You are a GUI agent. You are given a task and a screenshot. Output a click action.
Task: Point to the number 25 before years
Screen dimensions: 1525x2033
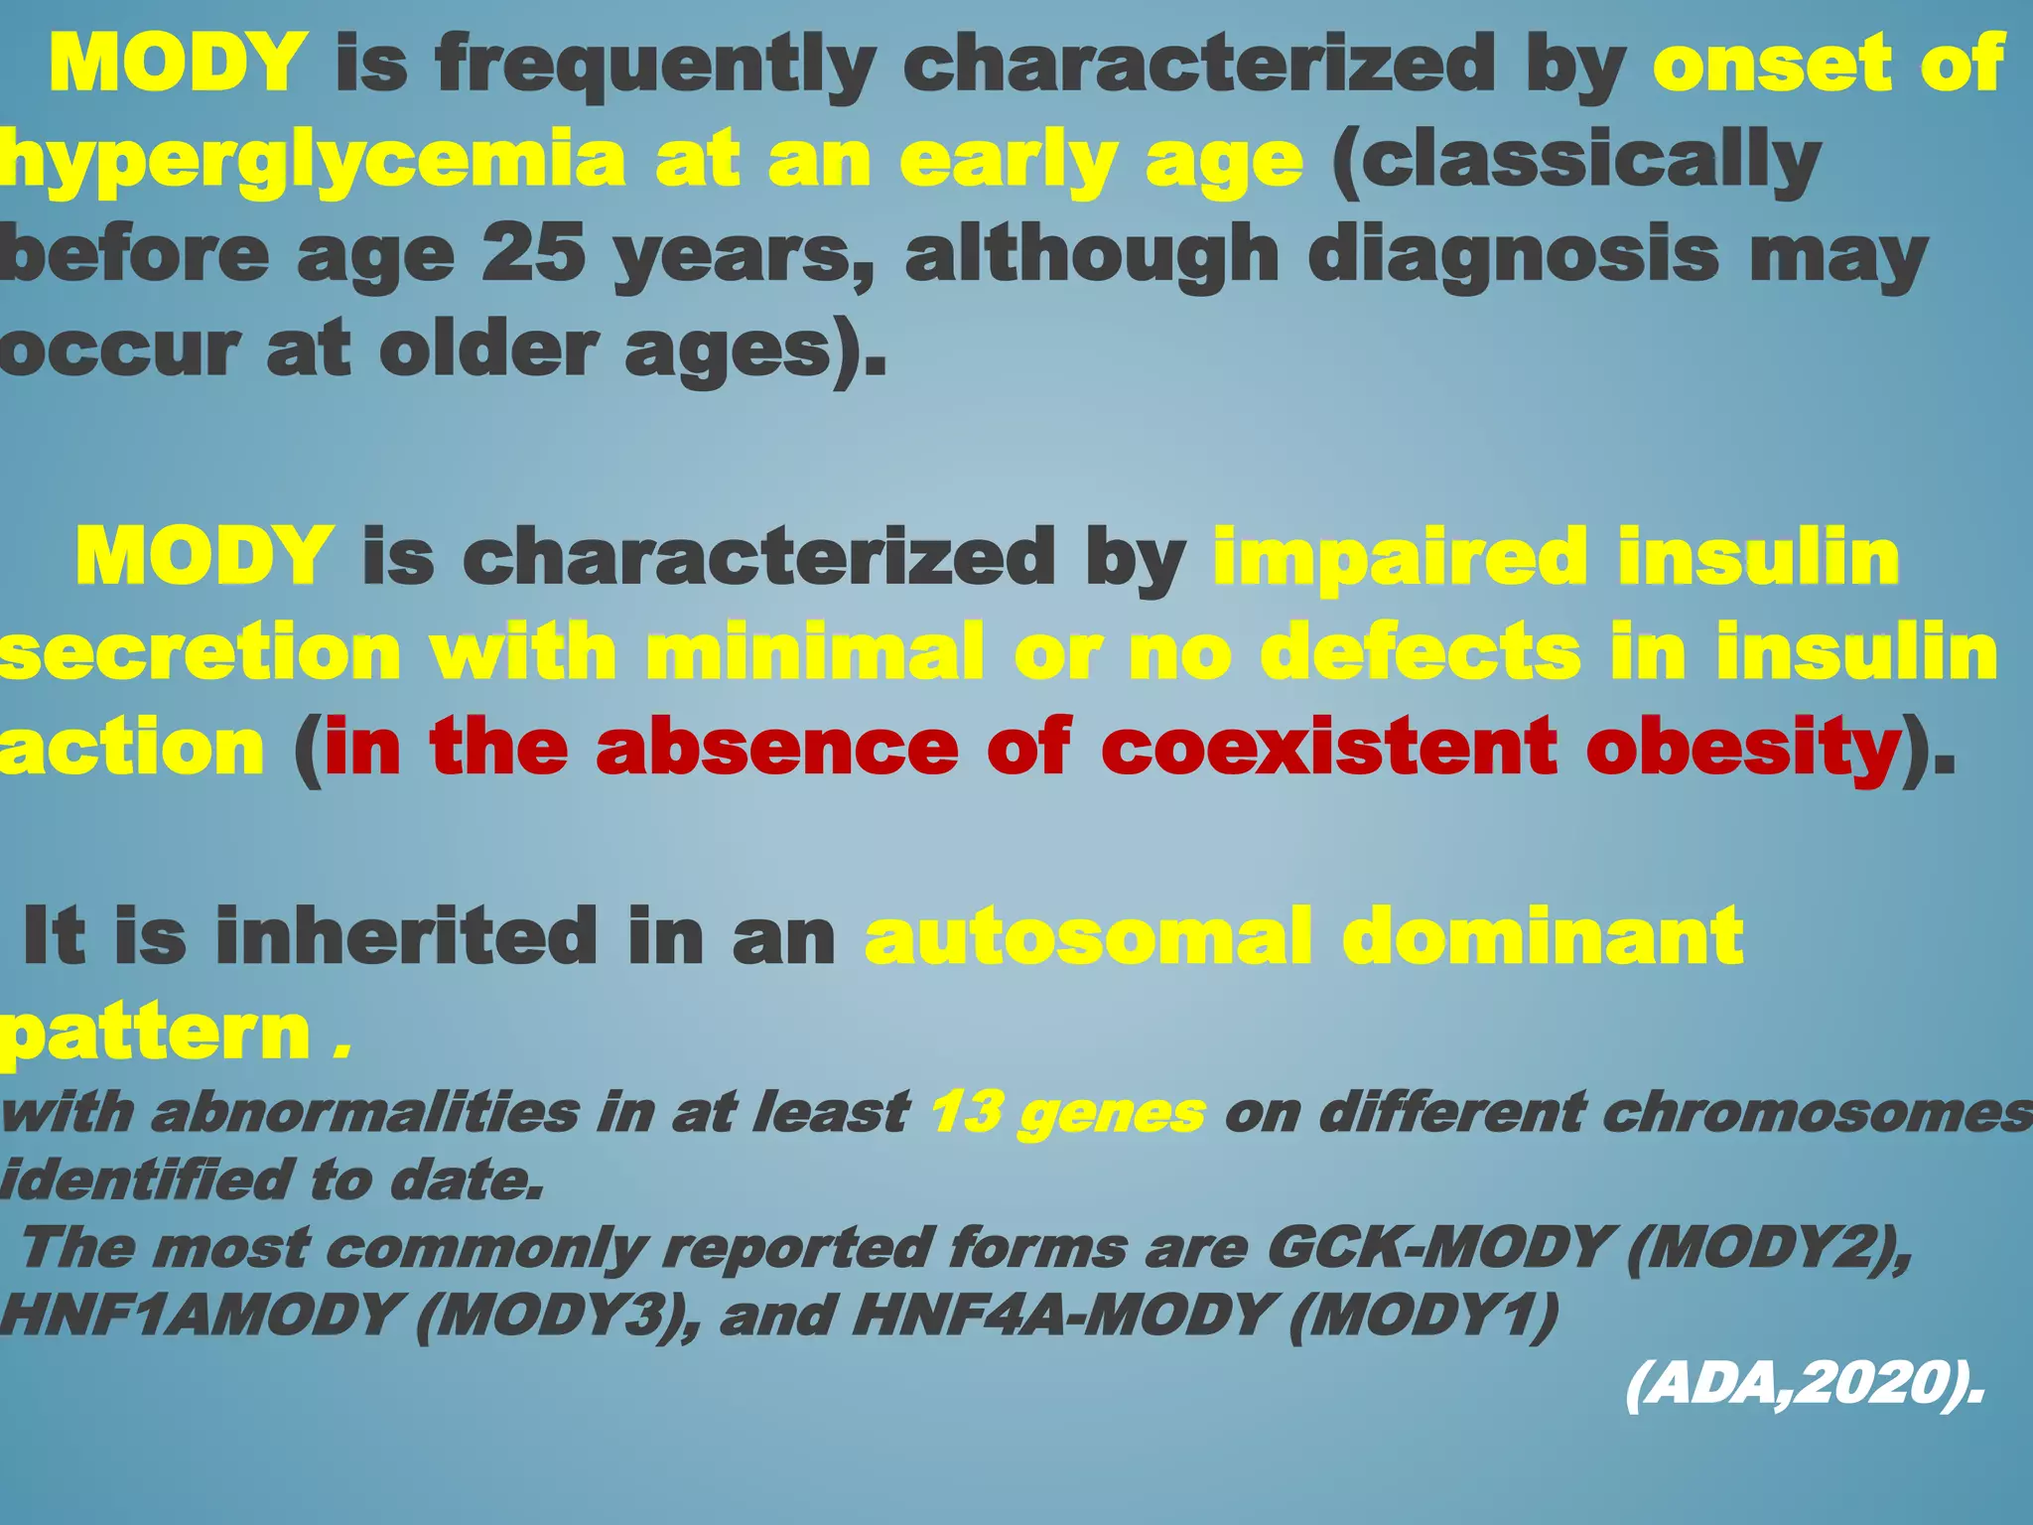533,254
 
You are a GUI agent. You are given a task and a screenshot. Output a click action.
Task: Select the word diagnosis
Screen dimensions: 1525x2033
1513,254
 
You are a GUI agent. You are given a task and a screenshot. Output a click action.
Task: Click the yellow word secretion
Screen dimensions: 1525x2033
199,651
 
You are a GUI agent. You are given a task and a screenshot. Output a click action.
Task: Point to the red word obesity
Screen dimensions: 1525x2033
1742,747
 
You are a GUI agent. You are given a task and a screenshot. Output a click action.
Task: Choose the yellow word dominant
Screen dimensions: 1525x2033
1544,935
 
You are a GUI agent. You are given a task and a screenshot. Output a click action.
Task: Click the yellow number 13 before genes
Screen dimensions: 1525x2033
963,1112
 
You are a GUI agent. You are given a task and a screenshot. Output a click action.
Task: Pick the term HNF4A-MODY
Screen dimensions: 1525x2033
1061,1316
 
